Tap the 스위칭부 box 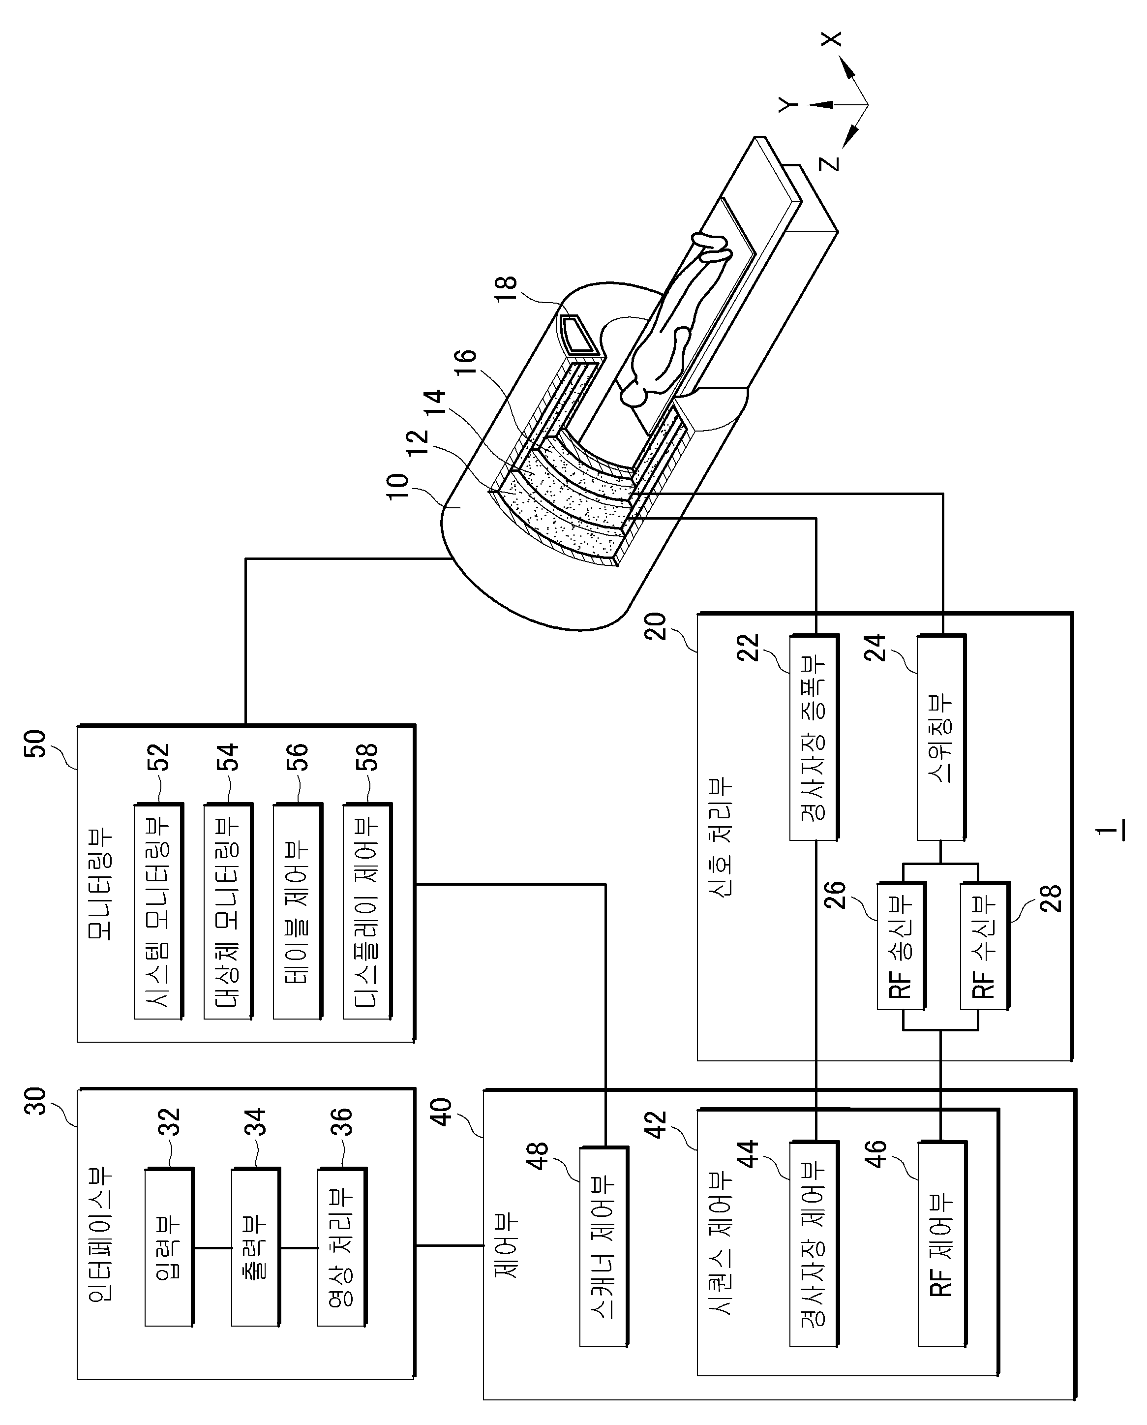pos(941,738)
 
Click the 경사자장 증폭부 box pos(815,738)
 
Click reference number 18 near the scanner pos(507,288)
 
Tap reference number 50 pos(36,743)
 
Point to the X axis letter pos(833,40)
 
